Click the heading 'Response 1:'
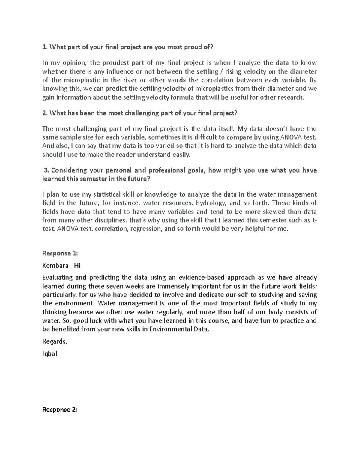60,253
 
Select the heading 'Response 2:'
60,410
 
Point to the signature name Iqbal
49,354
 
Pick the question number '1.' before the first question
45,47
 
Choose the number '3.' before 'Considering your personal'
46,170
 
